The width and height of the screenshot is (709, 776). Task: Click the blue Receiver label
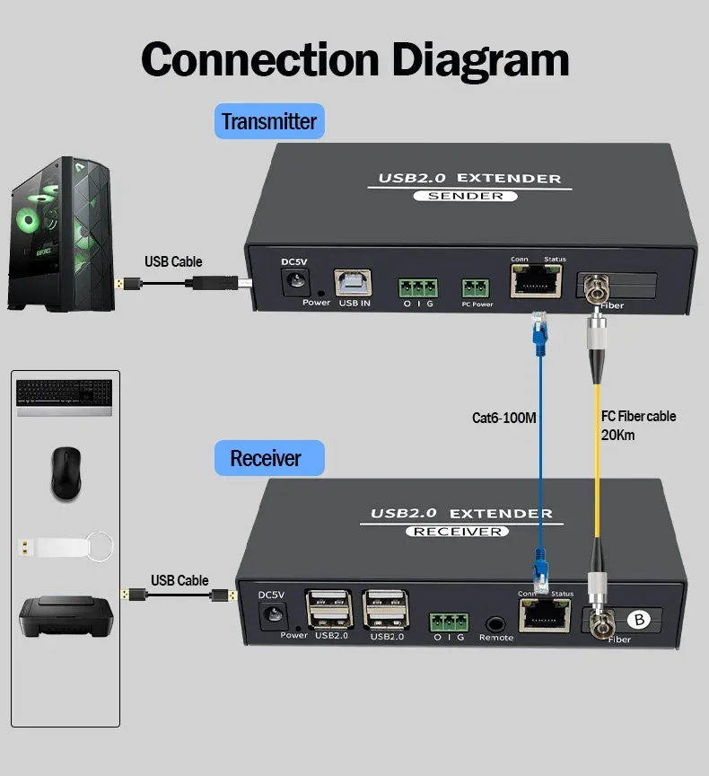click(266, 458)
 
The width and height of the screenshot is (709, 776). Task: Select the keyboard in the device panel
click(65, 396)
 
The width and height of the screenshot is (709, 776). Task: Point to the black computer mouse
click(65, 474)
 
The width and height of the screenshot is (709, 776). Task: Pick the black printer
click(64, 615)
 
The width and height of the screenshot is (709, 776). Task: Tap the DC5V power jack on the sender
click(293, 282)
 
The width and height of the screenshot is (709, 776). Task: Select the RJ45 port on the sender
click(535, 282)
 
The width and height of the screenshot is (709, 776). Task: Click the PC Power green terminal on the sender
click(477, 288)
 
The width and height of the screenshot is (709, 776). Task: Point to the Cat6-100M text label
click(503, 418)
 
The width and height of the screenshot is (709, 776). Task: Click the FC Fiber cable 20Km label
click(637, 425)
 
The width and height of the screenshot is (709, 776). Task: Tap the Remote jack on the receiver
click(495, 622)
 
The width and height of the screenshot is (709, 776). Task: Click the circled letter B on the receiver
click(640, 619)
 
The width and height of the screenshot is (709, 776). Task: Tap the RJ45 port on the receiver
click(544, 616)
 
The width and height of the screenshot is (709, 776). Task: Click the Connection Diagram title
click(354, 59)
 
